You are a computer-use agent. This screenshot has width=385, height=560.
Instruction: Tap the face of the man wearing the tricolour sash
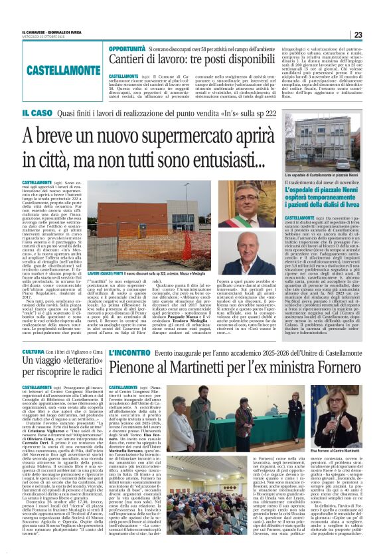tap(260, 203)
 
